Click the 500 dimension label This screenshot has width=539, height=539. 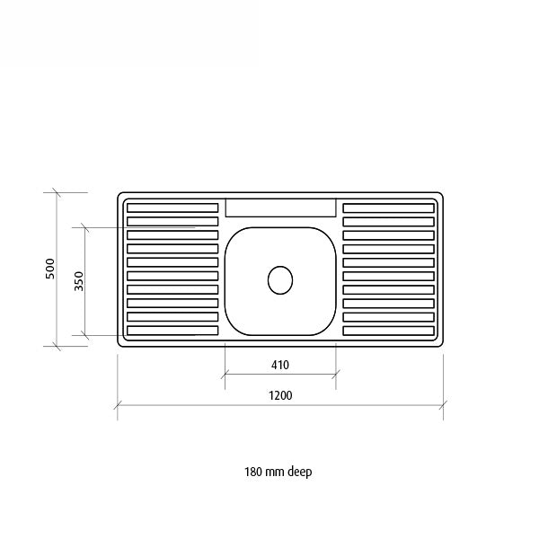tap(51, 269)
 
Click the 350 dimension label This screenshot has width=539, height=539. tap(79, 281)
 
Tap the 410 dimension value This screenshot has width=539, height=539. tap(279, 366)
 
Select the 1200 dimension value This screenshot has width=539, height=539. tap(279, 395)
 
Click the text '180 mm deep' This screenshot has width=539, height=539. tap(278, 472)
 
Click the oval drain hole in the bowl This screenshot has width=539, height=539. tap(280, 279)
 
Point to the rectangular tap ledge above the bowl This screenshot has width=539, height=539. tap(280, 208)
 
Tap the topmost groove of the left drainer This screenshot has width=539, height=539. tap(172, 208)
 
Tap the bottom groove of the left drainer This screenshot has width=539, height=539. tap(172, 331)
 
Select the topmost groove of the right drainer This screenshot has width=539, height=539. tap(388, 208)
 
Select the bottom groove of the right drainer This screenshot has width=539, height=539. tap(388, 331)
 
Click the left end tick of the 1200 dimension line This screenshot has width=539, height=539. tap(118, 406)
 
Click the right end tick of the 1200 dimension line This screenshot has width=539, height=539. tap(442, 406)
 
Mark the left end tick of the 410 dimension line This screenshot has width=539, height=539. tap(225, 376)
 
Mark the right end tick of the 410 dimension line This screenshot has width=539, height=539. tap(336, 376)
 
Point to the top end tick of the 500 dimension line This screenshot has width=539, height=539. tap(57, 192)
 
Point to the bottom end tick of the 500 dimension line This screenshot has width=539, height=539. tap(57, 346)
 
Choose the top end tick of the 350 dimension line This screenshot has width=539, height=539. tap(85, 227)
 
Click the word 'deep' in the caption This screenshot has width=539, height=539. tap(299, 472)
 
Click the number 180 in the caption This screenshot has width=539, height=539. tap(252, 472)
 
